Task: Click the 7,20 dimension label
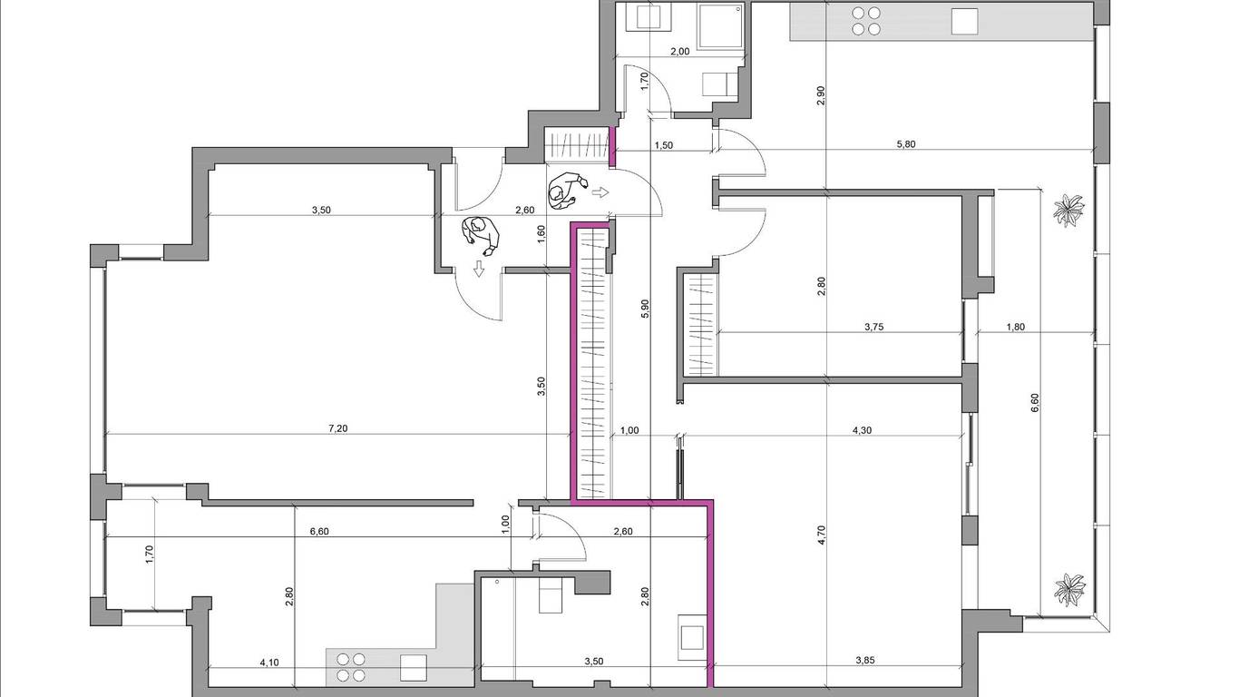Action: click(338, 428)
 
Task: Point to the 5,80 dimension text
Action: click(905, 144)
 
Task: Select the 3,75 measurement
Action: click(874, 328)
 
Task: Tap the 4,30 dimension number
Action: click(862, 430)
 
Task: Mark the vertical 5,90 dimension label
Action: click(646, 309)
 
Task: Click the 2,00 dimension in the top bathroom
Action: click(679, 52)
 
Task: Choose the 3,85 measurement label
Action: click(865, 660)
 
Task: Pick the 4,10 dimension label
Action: click(269, 663)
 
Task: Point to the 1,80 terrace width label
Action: click(1016, 328)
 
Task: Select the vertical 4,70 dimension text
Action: click(821, 535)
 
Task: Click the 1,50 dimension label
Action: click(664, 145)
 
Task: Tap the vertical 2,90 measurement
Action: click(821, 96)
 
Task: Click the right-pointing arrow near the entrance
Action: click(600, 192)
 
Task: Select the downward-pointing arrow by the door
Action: click(478, 269)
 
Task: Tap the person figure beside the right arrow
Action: click(566, 191)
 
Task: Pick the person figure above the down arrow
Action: click(482, 236)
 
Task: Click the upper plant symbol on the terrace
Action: click(1068, 210)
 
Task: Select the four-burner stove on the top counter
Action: click(865, 21)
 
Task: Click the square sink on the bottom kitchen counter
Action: click(414, 668)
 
